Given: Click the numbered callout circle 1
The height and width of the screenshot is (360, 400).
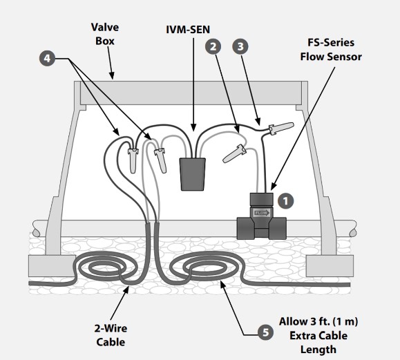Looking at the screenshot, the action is pos(285,201).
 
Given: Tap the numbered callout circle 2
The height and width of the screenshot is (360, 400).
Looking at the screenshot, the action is pos(213,46).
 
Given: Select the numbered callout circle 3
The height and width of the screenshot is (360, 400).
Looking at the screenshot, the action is pos(240,46).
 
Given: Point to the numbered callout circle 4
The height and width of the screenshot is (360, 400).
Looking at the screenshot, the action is pos(47,59).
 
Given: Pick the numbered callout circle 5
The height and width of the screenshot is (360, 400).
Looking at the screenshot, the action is pos(266,332).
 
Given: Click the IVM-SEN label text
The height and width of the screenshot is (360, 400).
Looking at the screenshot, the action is pos(188,30).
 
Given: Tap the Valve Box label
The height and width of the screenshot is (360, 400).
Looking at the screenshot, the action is pos(105,34).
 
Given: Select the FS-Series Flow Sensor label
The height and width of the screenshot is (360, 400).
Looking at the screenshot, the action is pos(331,50).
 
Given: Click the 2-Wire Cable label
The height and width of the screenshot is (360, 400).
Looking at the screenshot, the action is pos(111,335).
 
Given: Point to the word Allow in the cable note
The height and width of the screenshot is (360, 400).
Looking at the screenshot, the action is pos(294,321).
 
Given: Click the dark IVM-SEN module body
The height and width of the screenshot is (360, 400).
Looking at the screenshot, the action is pos(192,174).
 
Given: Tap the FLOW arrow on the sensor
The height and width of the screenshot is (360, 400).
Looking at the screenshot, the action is pos(261,213).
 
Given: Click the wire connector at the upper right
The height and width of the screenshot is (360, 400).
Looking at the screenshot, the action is pos(281,128).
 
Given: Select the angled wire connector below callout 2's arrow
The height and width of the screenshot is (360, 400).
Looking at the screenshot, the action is pos(234,153).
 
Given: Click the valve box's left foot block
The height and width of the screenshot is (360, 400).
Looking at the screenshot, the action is pos(52,266).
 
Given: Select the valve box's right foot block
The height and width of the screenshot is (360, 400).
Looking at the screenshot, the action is pos(330,266).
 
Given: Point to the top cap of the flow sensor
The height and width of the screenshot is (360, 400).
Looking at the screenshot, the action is pos(261,199).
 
